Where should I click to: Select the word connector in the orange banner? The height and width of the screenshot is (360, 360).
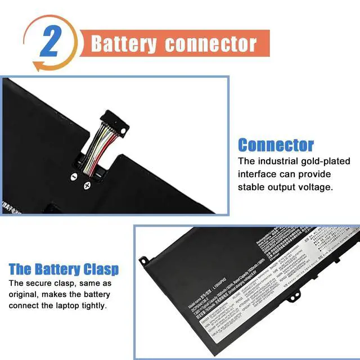(x=211, y=44)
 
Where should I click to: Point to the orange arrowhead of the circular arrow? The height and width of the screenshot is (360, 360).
(x=38, y=66)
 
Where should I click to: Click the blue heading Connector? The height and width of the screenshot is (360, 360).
(x=276, y=145)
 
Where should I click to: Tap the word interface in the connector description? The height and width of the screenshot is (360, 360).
(x=258, y=174)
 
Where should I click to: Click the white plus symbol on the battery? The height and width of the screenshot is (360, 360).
(x=87, y=185)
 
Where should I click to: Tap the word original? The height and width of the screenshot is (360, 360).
(x=26, y=295)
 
